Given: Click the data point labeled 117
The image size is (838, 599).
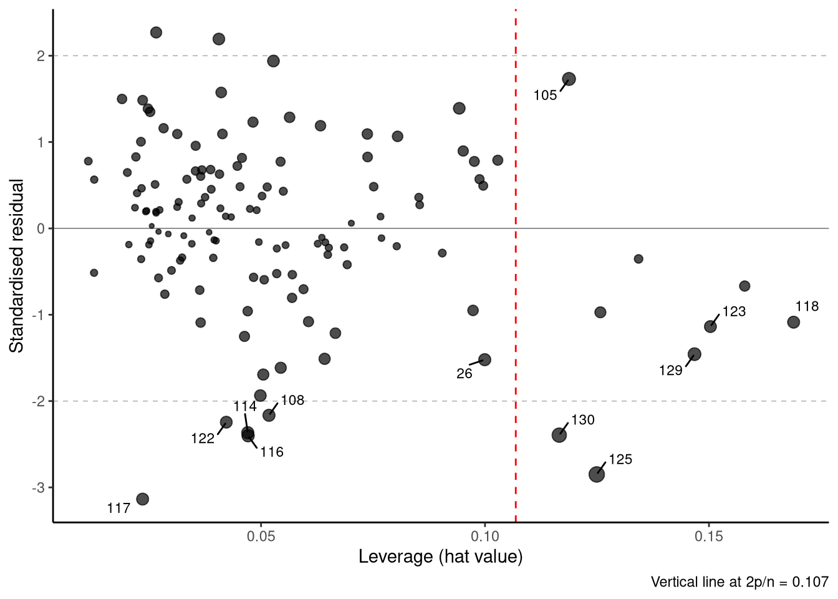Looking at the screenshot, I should pos(142,499).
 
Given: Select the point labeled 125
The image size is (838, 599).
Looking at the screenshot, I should pos(597,474).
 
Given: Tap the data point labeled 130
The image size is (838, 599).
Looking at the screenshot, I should pos(559,435).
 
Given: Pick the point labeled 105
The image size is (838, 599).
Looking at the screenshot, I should pos(569,79).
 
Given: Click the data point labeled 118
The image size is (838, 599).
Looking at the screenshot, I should pos(793,322).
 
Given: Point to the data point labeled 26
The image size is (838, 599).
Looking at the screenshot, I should pos(484,359).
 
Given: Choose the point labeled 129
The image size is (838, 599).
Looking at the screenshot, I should pos(694,354).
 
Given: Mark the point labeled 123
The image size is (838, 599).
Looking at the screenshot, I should pos(710,326).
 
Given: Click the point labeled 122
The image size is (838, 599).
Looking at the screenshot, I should pos(226,422).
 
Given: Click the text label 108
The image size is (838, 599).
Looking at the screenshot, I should pos(292,401).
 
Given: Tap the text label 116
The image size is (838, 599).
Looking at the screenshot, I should pos(272,452).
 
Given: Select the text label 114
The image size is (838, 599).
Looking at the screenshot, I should pos(245,407).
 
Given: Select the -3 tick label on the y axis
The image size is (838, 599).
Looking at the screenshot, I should pos(39,487).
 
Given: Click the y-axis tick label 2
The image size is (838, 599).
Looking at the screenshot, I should pos(41,56).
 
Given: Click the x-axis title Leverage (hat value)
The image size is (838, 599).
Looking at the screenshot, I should pos(440,557).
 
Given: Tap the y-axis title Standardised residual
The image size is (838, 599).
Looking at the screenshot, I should pos(17,266).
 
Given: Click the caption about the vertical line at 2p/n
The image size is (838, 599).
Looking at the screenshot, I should pos(739,582).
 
